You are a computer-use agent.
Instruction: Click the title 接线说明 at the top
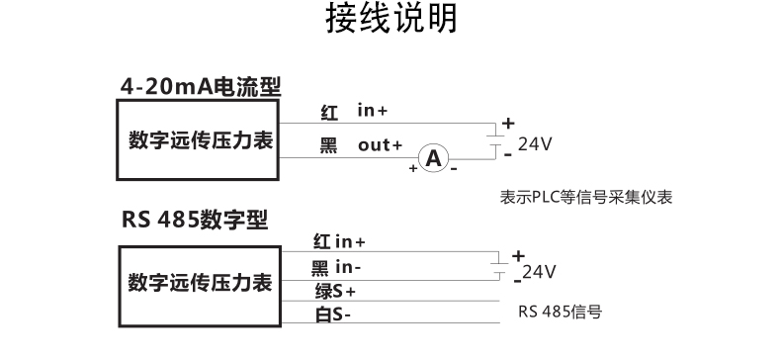[x=391, y=21]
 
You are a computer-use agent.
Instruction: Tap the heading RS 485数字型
[x=196, y=218]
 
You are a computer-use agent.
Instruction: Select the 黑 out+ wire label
[x=361, y=145]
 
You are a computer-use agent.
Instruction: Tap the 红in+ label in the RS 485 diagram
[x=339, y=240]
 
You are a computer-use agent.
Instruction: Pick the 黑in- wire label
[x=337, y=267]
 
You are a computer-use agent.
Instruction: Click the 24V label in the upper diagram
[x=534, y=143]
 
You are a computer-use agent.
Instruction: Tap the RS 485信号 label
[x=560, y=312]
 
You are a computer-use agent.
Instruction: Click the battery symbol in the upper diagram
[x=497, y=139]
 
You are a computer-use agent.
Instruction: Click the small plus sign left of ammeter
[x=412, y=168]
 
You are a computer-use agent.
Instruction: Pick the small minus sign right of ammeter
[x=454, y=168]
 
